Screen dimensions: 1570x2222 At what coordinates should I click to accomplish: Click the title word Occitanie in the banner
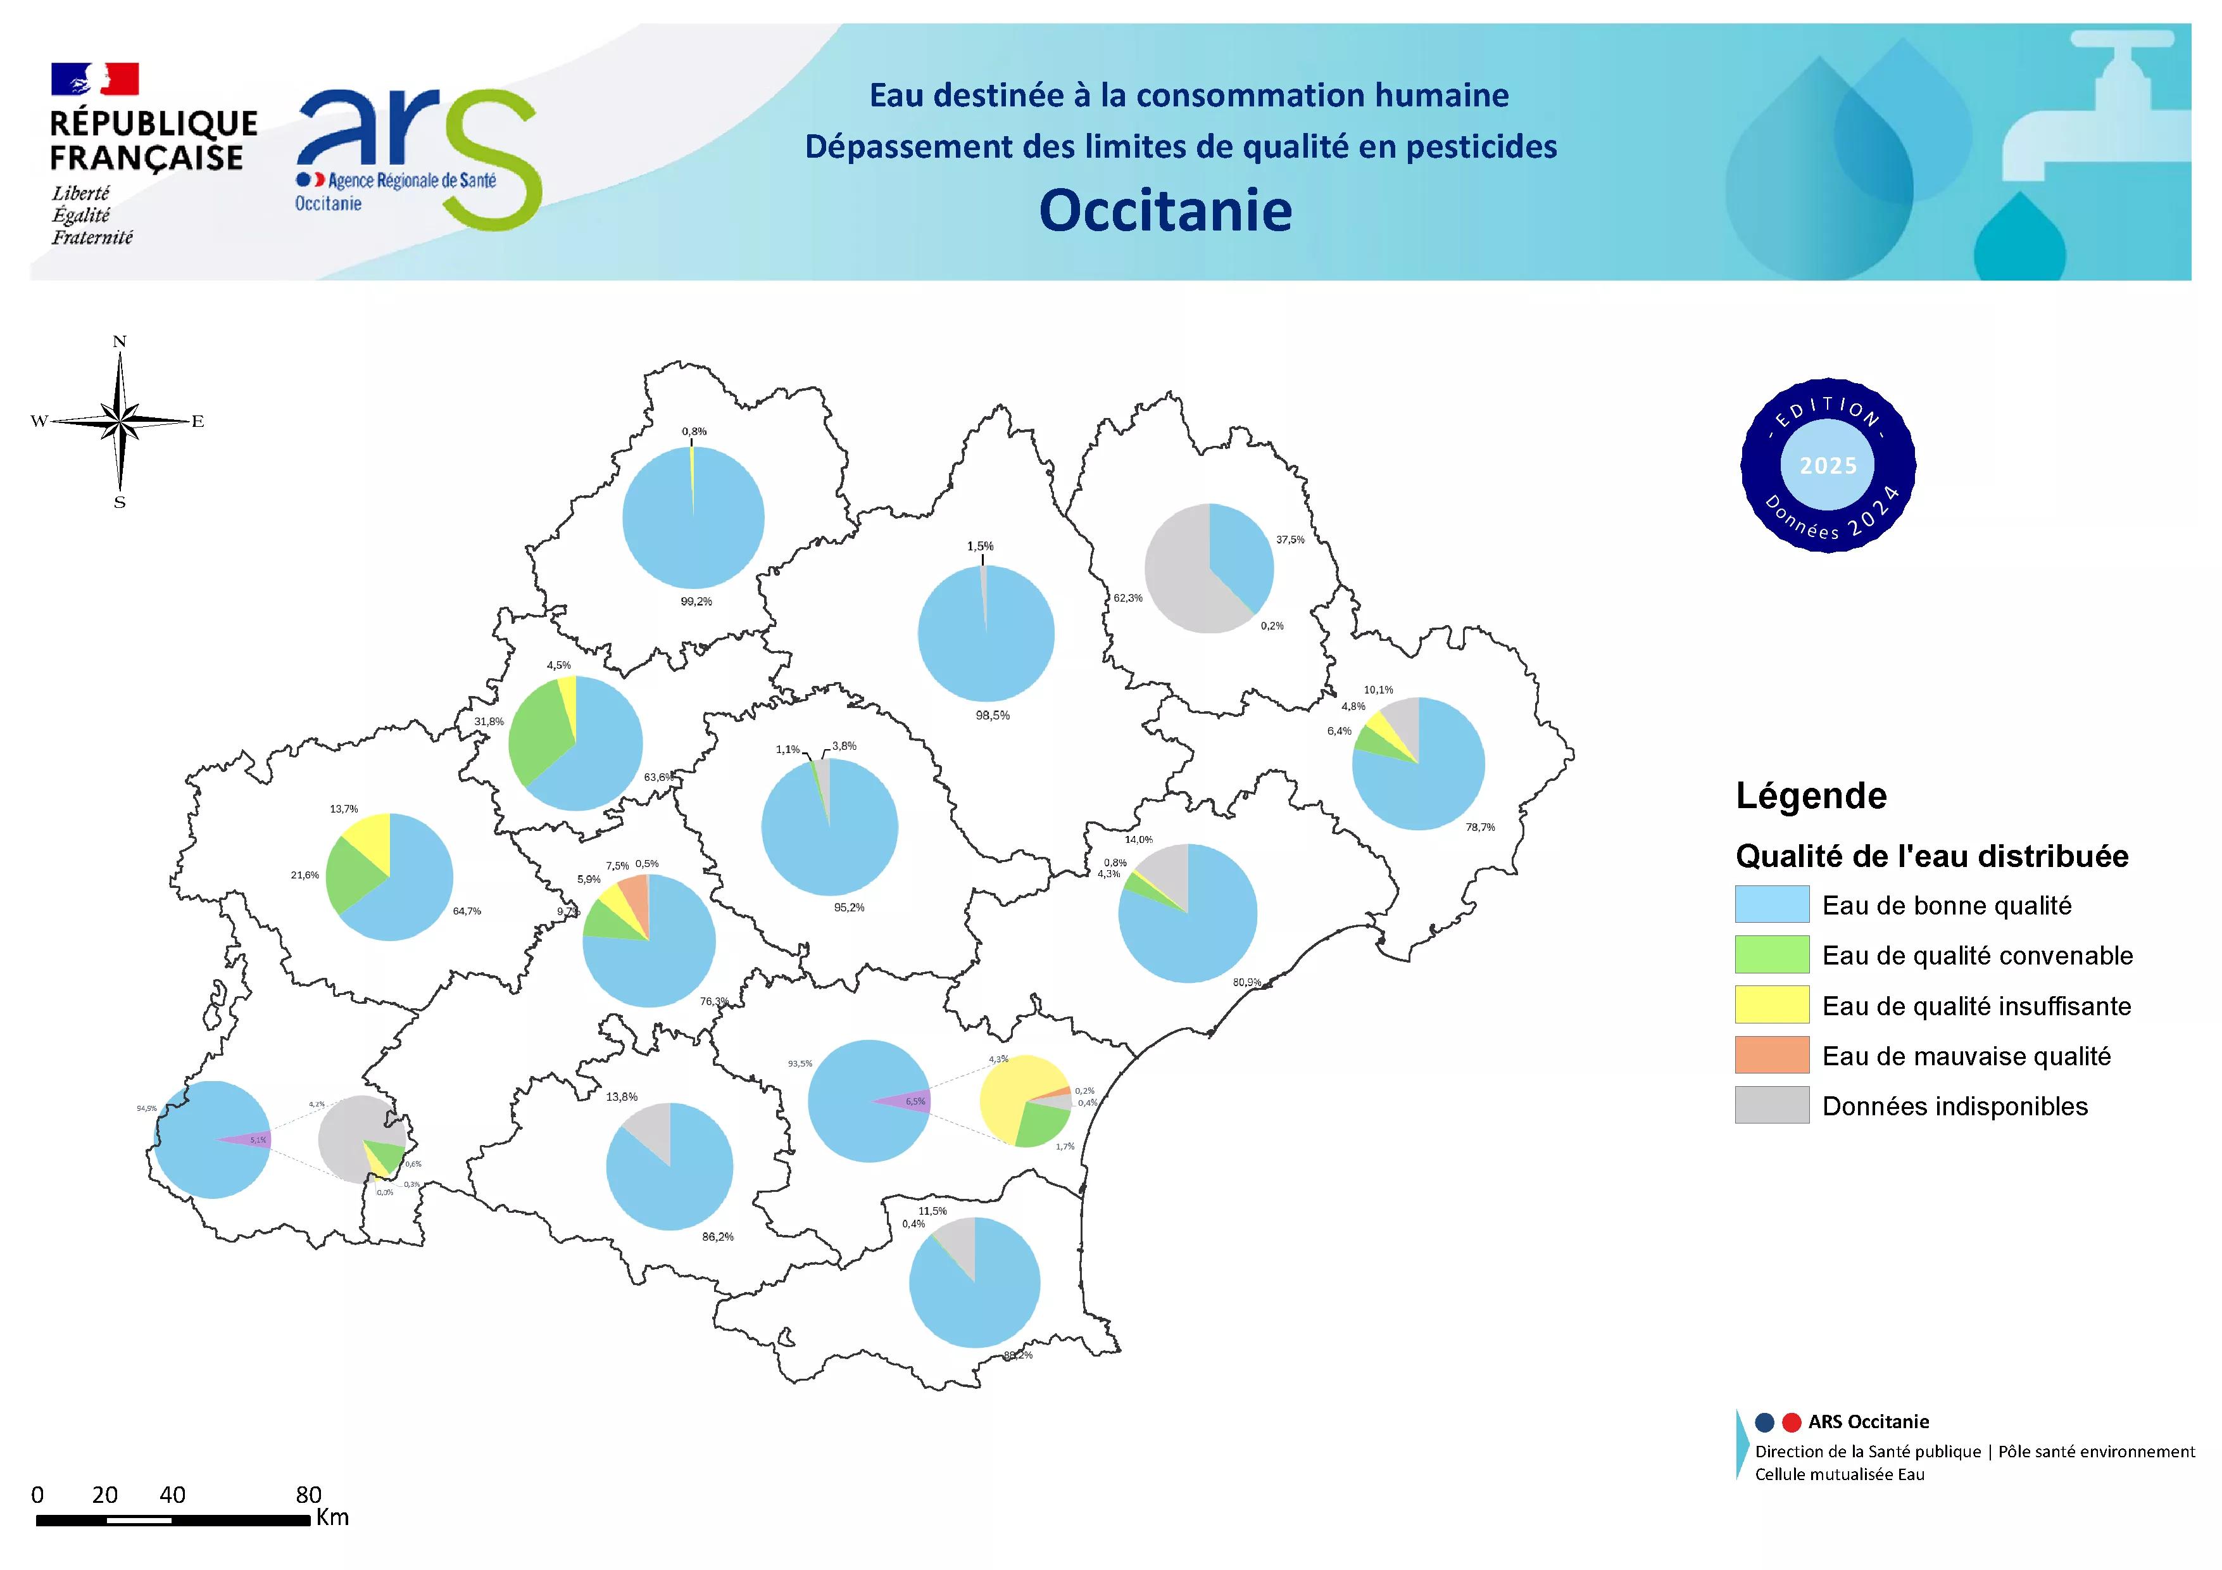click(x=1165, y=210)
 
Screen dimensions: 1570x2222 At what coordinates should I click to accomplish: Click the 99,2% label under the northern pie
click(x=696, y=602)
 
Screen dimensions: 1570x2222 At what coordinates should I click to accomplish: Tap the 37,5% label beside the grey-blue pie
click(x=1290, y=540)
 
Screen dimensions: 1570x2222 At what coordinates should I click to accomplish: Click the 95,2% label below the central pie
click(x=849, y=908)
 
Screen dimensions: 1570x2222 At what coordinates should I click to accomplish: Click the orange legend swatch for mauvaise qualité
click(x=1771, y=1055)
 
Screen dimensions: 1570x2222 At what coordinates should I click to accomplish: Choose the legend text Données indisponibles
click(x=1954, y=1106)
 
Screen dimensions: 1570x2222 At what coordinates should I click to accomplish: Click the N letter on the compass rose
click(x=120, y=342)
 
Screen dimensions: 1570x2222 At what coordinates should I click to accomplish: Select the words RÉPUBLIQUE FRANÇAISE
click(x=153, y=141)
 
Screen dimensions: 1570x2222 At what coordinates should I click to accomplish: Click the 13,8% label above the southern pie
click(x=621, y=1097)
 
